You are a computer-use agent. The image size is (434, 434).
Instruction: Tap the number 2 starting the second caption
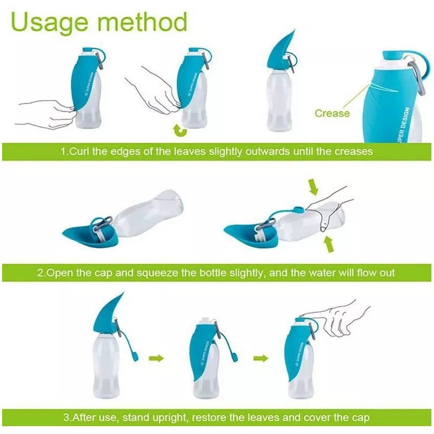pos(40,273)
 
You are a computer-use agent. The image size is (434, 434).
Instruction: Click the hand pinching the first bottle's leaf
pos(44,112)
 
